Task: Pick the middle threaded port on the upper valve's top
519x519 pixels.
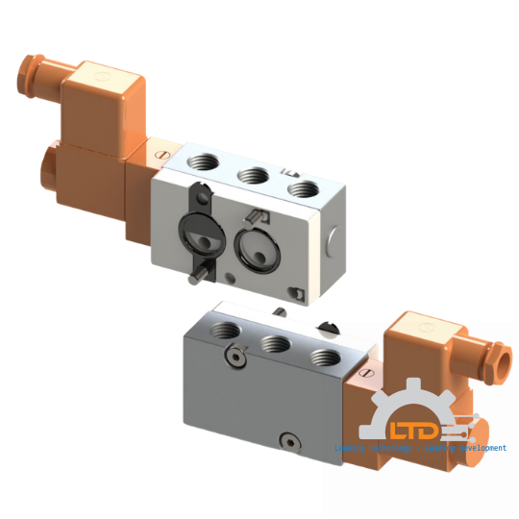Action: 254,174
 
